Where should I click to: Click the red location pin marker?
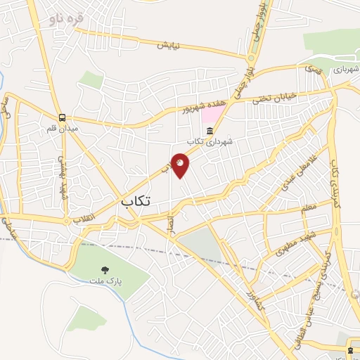point(180,164)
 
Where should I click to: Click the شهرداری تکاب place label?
point(214,141)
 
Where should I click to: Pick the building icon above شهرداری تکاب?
point(209,130)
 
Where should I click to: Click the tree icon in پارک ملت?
point(105,269)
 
